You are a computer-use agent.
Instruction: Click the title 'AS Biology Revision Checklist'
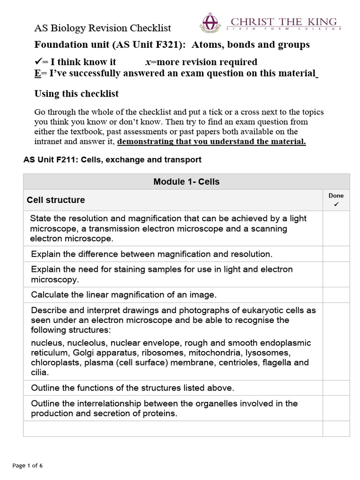point(103,28)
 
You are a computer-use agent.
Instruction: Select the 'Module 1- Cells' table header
point(186,181)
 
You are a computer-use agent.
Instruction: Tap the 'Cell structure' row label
point(56,200)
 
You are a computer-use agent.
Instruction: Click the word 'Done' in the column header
point(336,196)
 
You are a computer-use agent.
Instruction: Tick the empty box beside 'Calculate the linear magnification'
point(336,295)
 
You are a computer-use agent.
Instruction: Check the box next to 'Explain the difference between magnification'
point(336,254)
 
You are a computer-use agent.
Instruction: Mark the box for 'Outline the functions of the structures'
point(336,388)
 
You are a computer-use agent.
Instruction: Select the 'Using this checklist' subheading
point(76,94)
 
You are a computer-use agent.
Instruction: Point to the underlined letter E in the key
point(37,74)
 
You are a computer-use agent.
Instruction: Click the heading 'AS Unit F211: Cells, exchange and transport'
point(112,160)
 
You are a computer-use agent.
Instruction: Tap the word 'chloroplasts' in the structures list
point(52,363)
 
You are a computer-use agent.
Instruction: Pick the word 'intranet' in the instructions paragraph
point(48,142)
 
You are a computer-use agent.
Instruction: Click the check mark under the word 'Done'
point(336,205)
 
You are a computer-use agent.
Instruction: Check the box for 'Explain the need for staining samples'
point(336,274)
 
